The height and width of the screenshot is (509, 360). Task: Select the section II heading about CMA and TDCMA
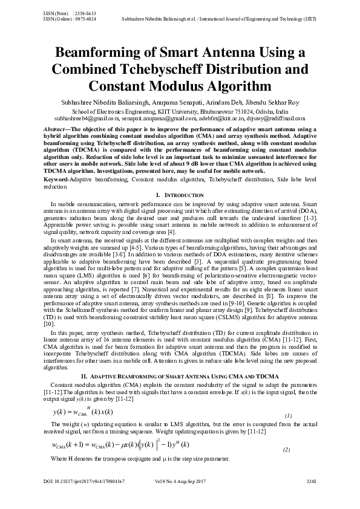coord(179,376)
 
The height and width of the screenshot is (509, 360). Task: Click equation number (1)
coord(288,417)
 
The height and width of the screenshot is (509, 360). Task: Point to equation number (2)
coord(286,451)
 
